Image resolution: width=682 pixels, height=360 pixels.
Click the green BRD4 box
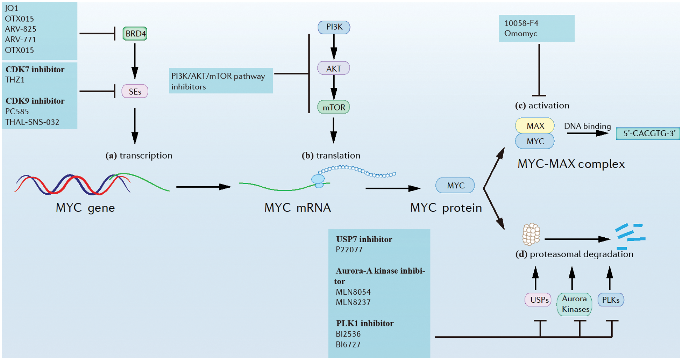[135, 34]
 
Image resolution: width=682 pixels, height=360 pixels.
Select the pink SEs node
[135, 92]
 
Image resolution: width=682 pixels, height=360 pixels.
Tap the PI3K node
[334, 27]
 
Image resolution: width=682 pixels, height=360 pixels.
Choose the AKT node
[334, 69]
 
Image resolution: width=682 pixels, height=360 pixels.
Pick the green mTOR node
[334, 107]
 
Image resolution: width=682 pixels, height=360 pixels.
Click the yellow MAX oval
[535, 126]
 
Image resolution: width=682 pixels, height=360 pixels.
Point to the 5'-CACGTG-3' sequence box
[648, 134]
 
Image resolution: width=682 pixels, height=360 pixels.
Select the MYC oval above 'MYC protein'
[455, 186]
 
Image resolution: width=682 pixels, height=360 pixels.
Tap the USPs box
[539, 300]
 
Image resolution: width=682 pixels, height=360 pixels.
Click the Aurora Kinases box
[575, 304]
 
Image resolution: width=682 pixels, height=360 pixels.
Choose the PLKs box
[611, 300]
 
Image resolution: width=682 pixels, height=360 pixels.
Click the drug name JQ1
[12, 8]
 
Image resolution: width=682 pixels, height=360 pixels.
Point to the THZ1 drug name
[15, 80]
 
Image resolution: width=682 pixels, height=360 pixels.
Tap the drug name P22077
[349, 250]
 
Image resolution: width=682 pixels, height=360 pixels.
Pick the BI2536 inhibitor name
[348, 334]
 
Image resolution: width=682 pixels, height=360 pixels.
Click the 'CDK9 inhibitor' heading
[35, 101]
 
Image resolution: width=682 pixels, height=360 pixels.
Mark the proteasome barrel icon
[531, 234]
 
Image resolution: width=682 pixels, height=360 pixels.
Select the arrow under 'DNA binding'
[588, 133]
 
